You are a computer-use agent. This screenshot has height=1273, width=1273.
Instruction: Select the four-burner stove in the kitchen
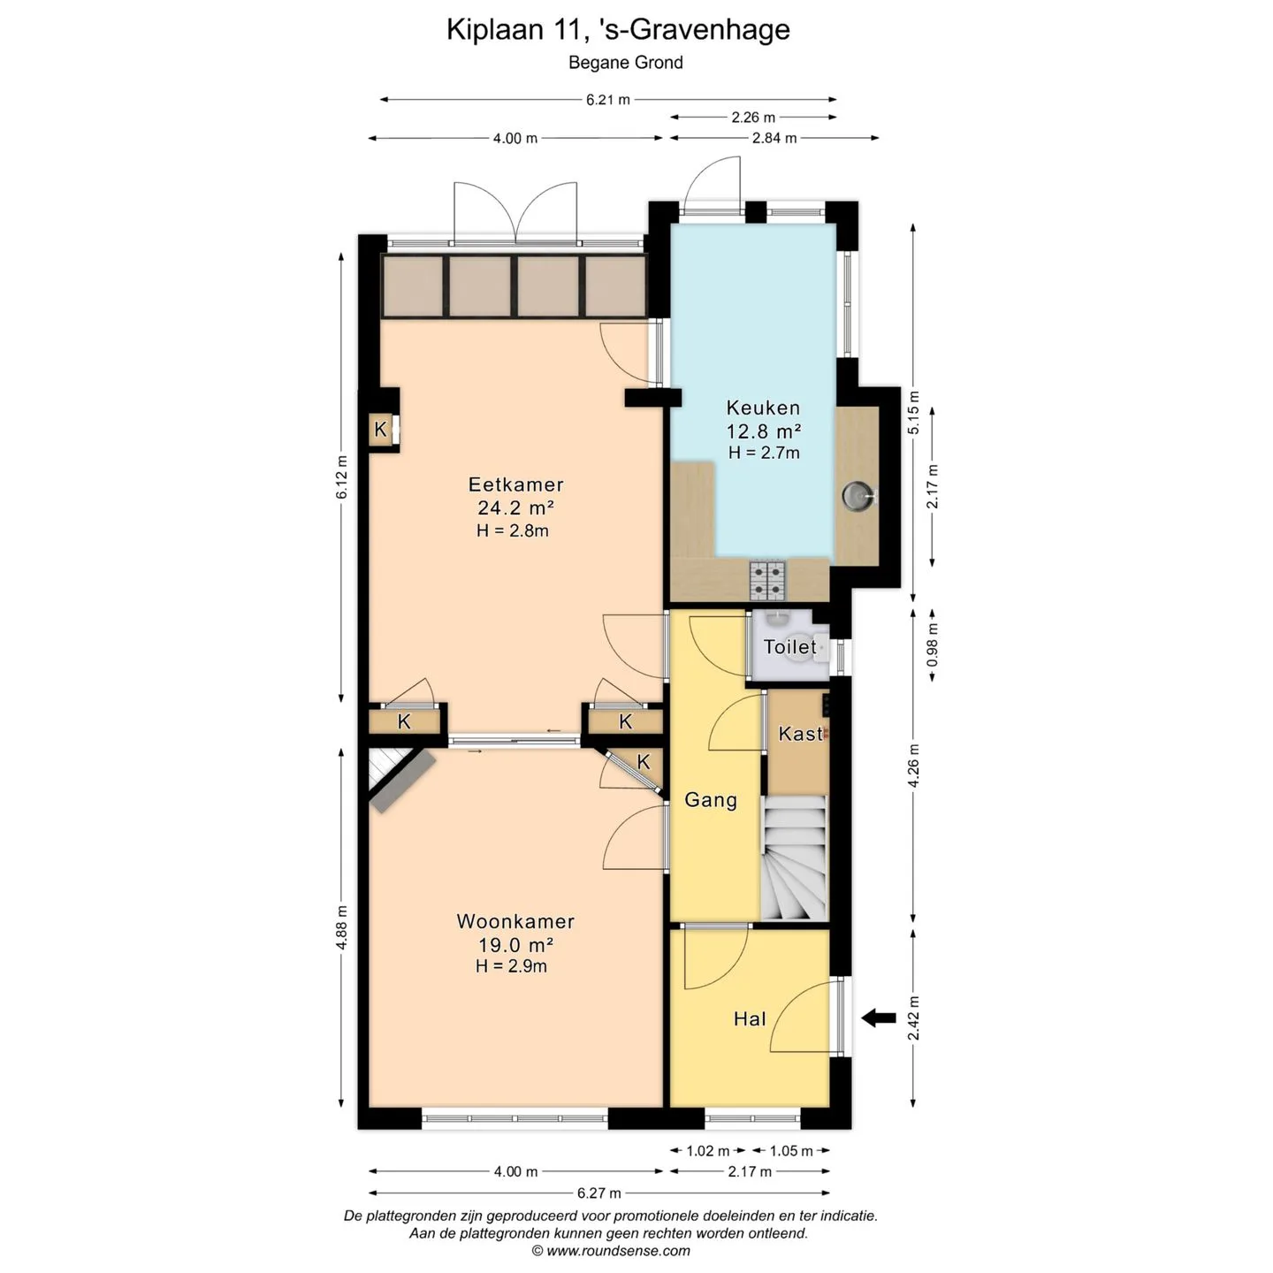(x=767, y=580)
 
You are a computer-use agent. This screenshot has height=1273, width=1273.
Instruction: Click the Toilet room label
(x=789, y=647)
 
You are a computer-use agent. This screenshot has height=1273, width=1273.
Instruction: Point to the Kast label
(x=800, y=733)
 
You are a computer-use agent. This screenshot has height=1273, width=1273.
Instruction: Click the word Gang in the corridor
(x=711, y=800)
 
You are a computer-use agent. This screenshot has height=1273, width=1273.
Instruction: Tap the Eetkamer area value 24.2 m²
(x=515, y=507)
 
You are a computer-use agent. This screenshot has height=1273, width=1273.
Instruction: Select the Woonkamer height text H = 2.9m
(x=511, y=966)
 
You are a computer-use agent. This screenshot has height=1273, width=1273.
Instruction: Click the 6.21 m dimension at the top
(x=607, y=100)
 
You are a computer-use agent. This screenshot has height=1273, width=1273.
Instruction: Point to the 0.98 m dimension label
(x=932, y=645)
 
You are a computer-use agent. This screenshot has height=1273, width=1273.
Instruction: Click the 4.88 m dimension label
(x=341, y=927)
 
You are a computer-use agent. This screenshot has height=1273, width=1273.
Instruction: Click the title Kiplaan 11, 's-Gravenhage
(x=618, y=30)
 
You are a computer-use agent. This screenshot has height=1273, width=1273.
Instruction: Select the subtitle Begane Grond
(x=626, y=63)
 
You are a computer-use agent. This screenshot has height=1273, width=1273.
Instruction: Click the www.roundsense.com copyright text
(x=611, y=1251)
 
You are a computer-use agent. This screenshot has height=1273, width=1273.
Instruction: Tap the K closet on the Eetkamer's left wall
(x=380, y=430)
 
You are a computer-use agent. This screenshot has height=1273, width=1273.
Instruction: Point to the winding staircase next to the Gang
(x=794, y=858)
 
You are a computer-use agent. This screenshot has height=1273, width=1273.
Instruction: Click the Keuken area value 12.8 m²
(x=764, y=431)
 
